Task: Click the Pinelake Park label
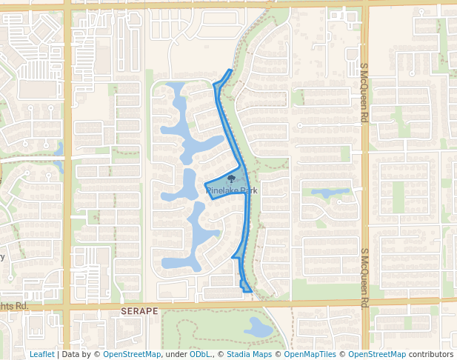point(232,190)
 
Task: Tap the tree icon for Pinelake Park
point(232,179)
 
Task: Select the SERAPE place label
point(140,312)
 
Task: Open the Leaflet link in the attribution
point(41,354)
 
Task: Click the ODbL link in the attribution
point(200,354)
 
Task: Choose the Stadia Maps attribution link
point(249,354)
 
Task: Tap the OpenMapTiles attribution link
point(310,354)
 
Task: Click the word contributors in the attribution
point(430,354)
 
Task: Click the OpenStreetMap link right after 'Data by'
point(132,354)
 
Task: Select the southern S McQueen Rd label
point(364,278)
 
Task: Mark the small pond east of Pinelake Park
point(330,193)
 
